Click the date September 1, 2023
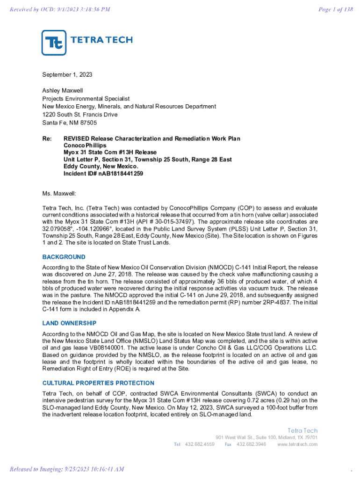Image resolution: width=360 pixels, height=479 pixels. tap(67, 75)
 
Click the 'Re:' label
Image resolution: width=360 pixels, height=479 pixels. tap(47, 139)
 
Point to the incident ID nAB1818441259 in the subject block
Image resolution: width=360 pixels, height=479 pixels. tap(120, 174)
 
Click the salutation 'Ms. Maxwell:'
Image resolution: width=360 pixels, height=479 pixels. tap(59, 193)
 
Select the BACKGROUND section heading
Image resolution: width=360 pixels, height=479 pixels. tap(64, 257)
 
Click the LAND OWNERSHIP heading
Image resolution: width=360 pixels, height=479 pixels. tap(69, 323)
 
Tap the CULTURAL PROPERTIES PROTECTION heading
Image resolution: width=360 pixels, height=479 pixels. tap(98, 383)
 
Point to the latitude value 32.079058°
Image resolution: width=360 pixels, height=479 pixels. tap(58, 229)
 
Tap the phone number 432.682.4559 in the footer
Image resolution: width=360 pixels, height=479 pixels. tap(200, 444)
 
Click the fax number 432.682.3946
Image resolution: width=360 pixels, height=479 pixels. tap(252, 444)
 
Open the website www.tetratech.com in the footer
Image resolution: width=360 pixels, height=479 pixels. tap(297, 444)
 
